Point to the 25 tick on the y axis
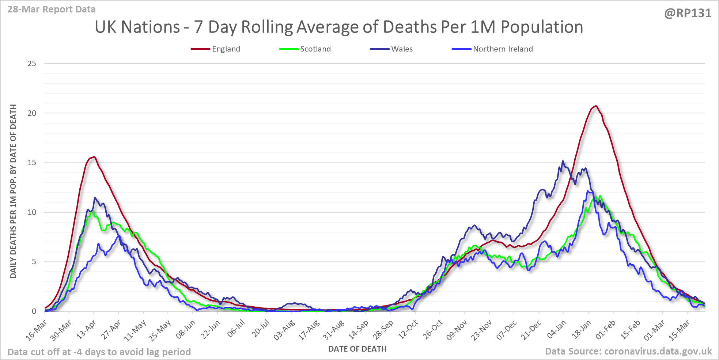click(x=32, y=64)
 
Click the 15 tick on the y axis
click(x=32, y=163)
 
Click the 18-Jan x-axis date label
click(x=581, y=330)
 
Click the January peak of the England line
click(x=596, y=106)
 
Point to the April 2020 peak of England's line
click(x=94, y=157)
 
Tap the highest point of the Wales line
click(x=563, y=161)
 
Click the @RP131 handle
click(x=688, y=14)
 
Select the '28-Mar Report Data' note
click(x=52, y=10)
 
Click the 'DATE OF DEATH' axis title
click(x=357, y=349)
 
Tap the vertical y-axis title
click(x=13, y=191)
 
